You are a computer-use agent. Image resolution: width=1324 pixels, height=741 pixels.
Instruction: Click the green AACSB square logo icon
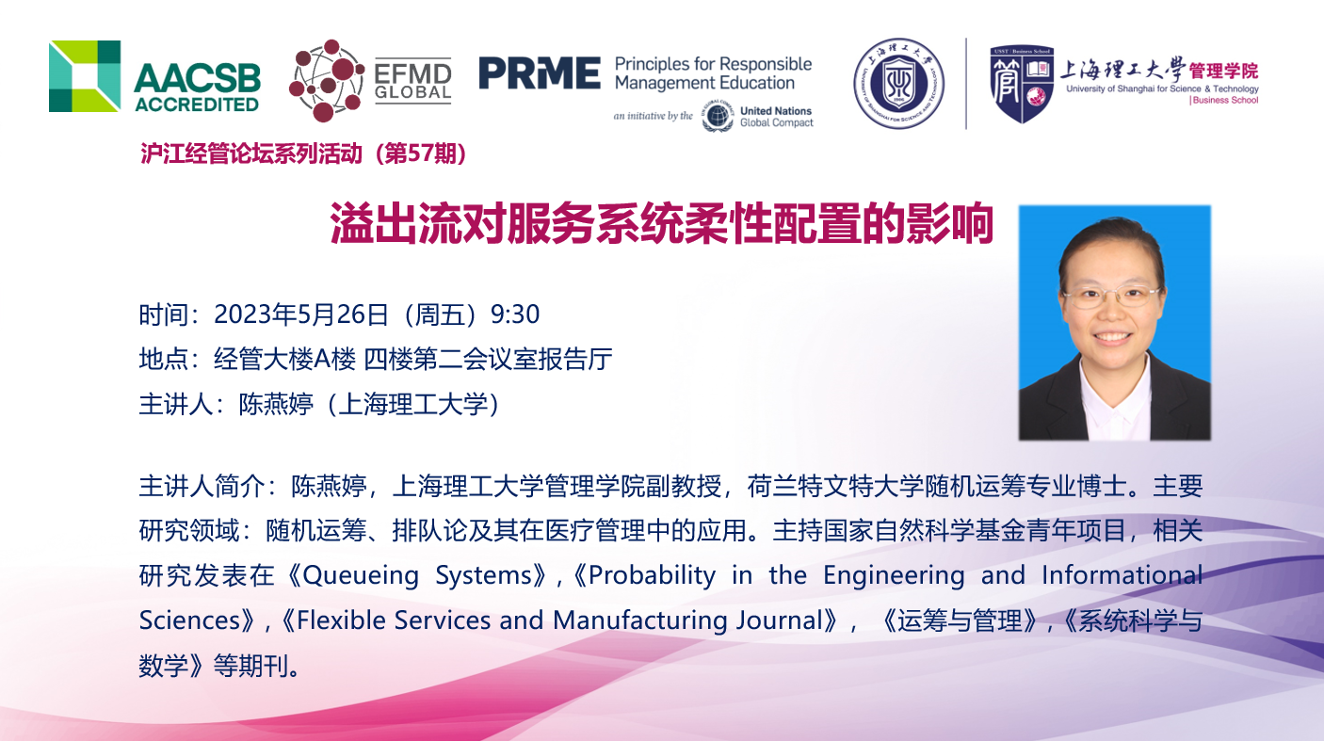[85, 76]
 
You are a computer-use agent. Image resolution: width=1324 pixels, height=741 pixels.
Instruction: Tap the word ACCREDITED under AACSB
[197, 105]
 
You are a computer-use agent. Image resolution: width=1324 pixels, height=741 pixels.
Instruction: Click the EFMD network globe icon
[326, 81]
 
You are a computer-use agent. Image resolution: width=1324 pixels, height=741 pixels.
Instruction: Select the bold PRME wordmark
[540, 72]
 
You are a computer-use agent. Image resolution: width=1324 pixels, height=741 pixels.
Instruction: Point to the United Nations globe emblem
[718, 116]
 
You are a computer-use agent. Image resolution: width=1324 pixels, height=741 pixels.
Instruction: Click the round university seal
[898, 83]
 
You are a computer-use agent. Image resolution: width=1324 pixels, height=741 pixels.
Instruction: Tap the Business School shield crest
[1022, 84]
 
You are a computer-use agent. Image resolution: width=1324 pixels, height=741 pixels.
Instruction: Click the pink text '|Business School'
[1223, 101]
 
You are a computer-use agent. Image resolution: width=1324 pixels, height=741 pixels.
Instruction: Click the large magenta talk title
[661, 223]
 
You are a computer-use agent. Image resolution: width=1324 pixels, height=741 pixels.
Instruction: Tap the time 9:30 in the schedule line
[515, 314]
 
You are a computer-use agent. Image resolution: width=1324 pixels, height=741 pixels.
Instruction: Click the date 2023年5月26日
[300, 314]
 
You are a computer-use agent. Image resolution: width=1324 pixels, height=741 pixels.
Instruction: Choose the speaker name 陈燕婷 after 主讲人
[276, 405]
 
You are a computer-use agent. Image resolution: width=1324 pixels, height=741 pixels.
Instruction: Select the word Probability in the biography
[652, 575]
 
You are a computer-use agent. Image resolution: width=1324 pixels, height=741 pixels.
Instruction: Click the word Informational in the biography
[1122, 575]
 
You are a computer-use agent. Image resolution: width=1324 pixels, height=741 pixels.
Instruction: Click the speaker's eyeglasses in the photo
[1111, 296]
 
